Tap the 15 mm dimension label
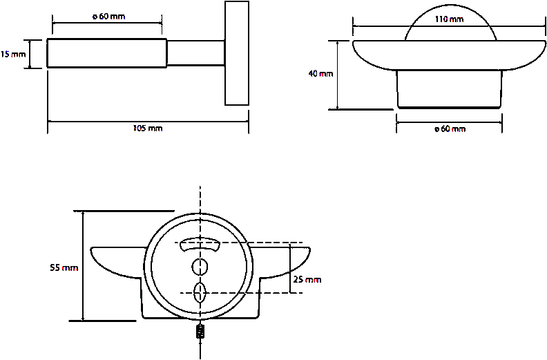[x=13, y=53]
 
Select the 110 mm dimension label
[x=450, y=19]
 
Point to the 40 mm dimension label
[x=322, y=74]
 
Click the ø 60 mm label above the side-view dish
[x=108, y=17]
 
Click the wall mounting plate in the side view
[x=237, y=53]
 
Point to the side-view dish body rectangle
[x=106, y=53]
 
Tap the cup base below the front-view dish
[x=449, y=90]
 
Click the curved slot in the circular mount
[x=200, y=245]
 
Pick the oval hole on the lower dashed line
[x=200, y=292]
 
